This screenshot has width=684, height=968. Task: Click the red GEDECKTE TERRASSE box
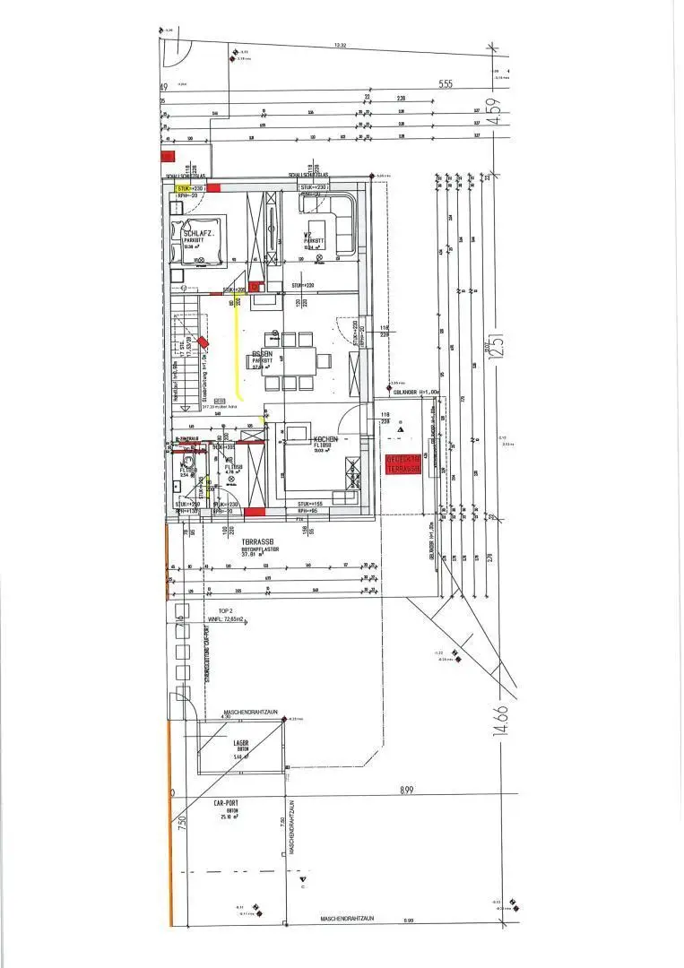click(x=403, y=463)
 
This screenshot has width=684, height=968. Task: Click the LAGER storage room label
click(x=241, y=744)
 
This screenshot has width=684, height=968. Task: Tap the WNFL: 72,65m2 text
click(x=227, y=619)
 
